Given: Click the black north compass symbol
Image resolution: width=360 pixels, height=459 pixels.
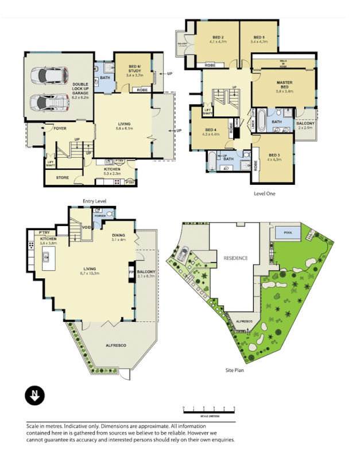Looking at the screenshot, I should coord(34,396).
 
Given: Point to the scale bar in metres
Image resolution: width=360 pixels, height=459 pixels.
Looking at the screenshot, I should coord(208,410).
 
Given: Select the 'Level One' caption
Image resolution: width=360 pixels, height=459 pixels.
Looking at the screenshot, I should coord(264,193).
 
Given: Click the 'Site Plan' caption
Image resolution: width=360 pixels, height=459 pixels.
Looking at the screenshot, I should coord(237,371).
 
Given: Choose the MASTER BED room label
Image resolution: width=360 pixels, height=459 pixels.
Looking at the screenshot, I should coord(284,84).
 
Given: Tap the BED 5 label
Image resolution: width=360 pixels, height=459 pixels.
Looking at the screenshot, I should coord(259,37).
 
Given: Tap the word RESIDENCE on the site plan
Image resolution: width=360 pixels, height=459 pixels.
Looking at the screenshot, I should coord(235,258).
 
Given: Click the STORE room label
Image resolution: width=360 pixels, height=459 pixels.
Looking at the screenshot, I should coord(63,178).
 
